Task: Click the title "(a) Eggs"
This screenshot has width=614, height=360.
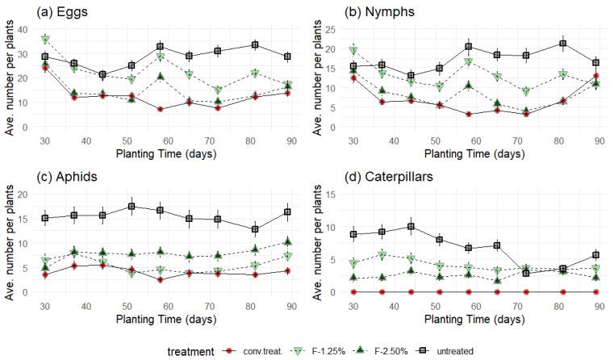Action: (x=38, y=10)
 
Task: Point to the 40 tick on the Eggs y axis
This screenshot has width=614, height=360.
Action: (x=23, y=30)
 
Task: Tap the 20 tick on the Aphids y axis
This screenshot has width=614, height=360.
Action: (x=23, y=195)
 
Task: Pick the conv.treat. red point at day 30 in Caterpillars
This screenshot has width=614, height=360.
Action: (x=353, y=291)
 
